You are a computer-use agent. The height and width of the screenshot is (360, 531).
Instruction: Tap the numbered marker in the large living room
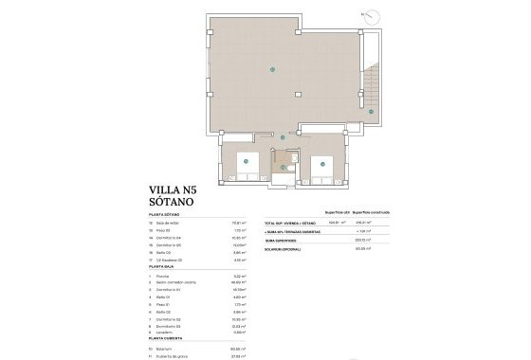273,68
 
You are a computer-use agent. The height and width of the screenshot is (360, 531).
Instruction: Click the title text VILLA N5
178,189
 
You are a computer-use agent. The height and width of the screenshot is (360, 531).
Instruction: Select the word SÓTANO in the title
173,202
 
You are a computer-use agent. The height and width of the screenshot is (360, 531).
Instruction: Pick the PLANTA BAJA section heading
165,269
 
